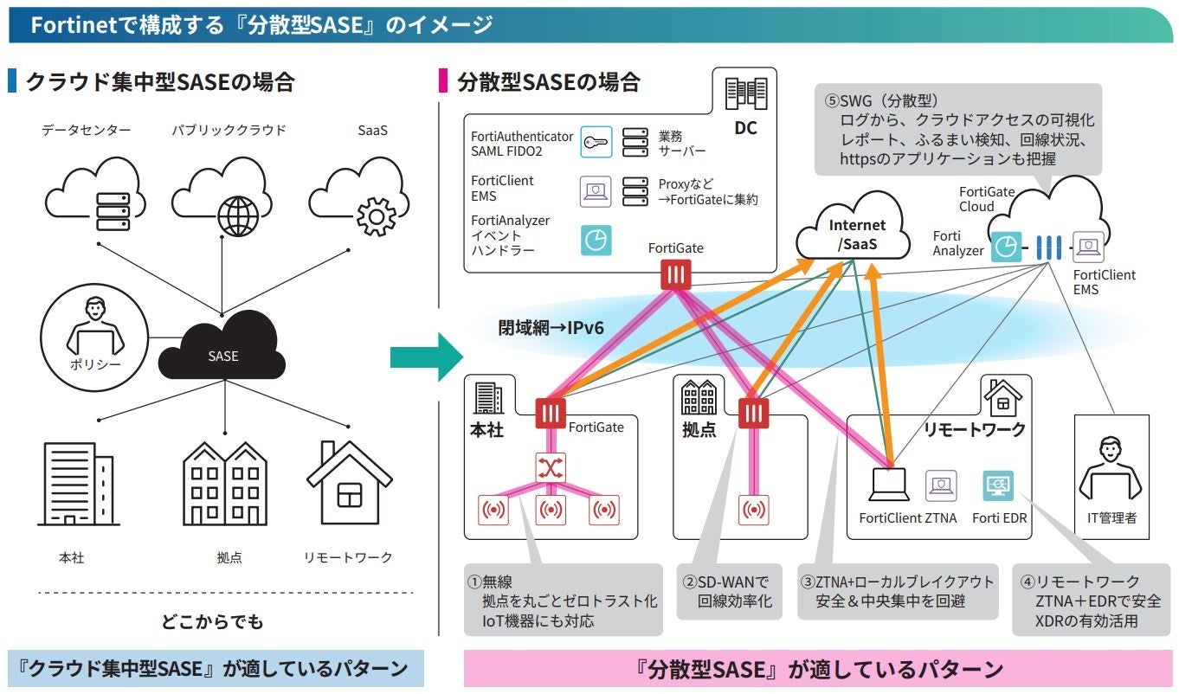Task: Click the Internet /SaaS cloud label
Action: pos(856,235)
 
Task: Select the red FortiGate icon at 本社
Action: pos(550,413)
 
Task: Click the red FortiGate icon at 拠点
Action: pos(752,412)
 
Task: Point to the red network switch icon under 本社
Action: pos(550,468)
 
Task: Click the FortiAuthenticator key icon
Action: pos(595,141)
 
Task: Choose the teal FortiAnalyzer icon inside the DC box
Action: pos(595,240)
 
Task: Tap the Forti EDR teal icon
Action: pos(998,486)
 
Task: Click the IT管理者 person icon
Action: pos(1111,471)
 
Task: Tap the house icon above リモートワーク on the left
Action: pos(349,484)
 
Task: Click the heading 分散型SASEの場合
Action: pos(548,82)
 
